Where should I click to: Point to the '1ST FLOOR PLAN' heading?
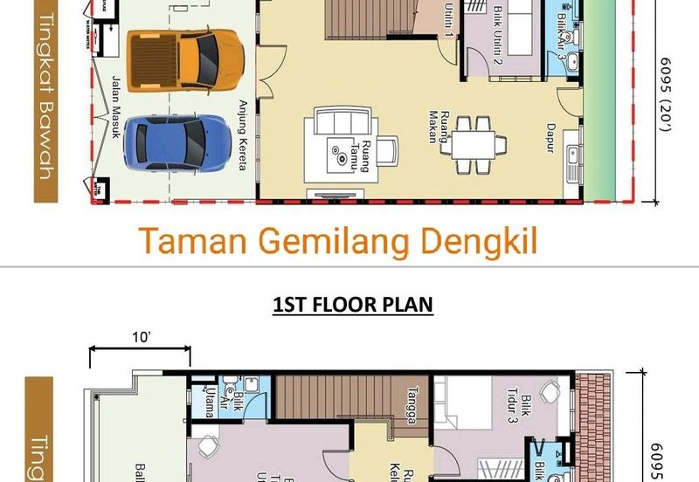[353, 305]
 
